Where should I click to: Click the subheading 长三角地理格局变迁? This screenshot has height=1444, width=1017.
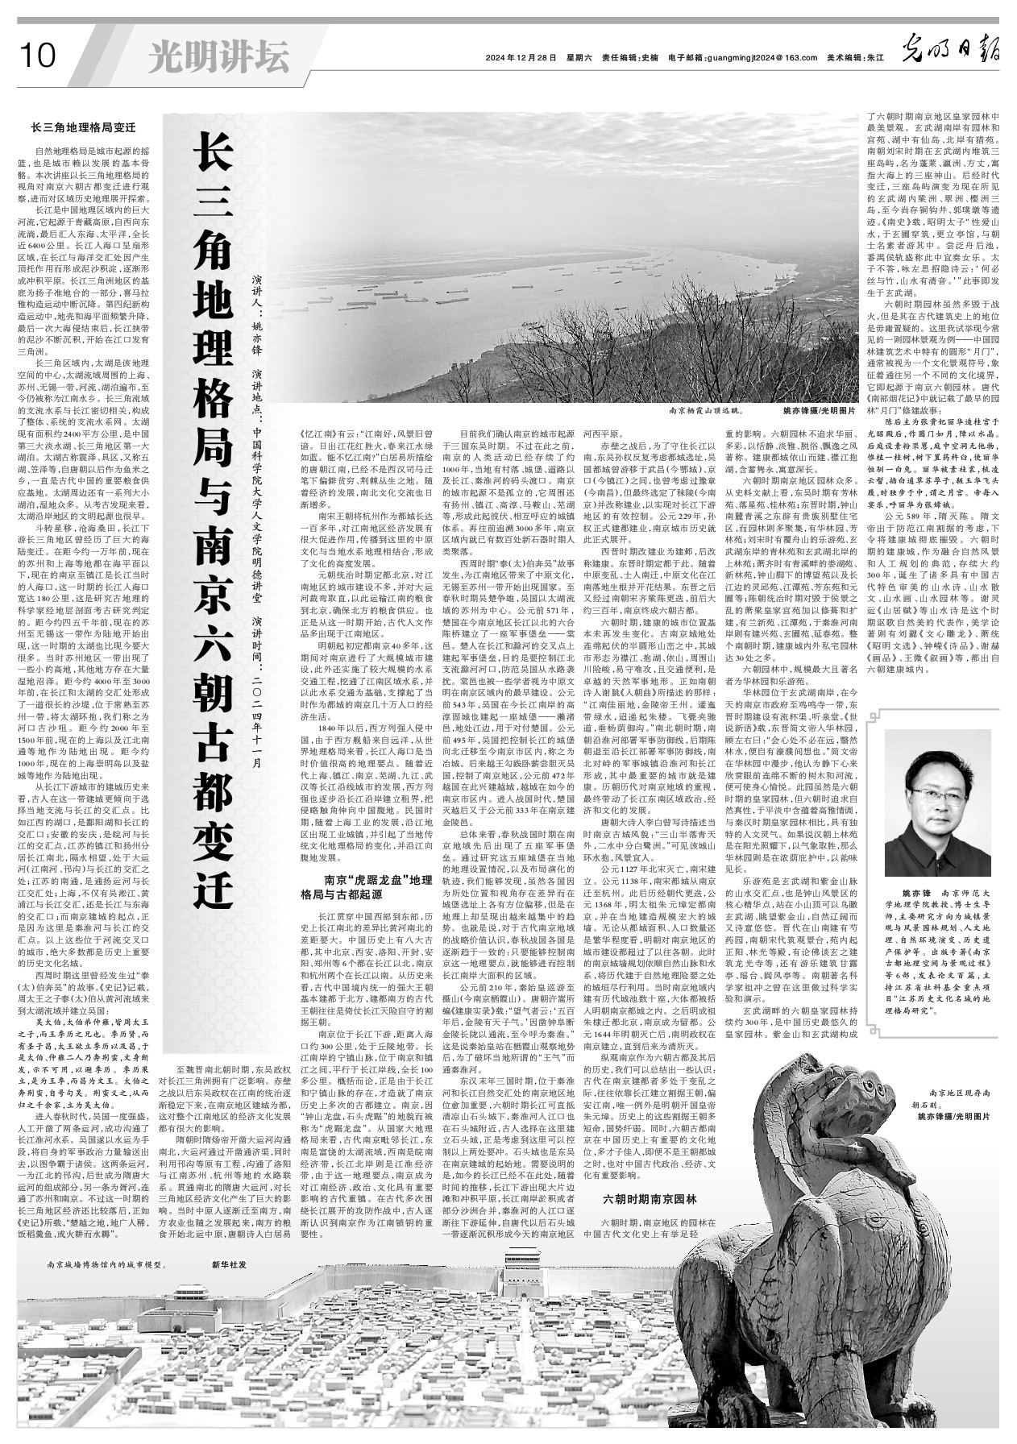pyautogui.click(x=83, y=127)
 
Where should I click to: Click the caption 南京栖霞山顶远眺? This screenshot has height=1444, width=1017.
pyautogui.click(x=710, y=410)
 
